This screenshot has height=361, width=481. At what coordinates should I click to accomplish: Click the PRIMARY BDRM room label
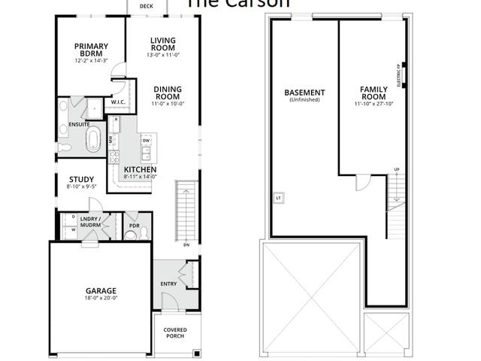tap(91, 50)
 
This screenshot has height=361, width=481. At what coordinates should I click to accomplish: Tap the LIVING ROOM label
tap(162, 45)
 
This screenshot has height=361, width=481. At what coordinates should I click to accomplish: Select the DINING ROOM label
tap(168, 93)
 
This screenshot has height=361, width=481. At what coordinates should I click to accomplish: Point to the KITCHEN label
tap(140, 170)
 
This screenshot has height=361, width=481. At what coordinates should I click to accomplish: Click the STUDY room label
tap(81, 180)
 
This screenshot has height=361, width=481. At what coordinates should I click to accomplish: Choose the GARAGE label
tap(100, 290)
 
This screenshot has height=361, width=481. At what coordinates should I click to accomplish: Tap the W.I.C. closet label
tap(118, 102)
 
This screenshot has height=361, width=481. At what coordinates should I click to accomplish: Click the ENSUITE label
tap(80, 124)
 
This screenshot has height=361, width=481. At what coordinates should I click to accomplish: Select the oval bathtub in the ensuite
tap(94, 141)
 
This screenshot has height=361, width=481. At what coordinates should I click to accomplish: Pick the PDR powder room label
tap(135, 224)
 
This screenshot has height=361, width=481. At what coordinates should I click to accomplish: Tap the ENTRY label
tap(169, 284)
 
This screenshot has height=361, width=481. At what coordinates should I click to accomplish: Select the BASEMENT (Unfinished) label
tap(304, 95)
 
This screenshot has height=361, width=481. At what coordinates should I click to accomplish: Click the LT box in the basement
tap(278, 198)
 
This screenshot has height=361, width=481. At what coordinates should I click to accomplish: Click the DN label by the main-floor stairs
tap(186, 244)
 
